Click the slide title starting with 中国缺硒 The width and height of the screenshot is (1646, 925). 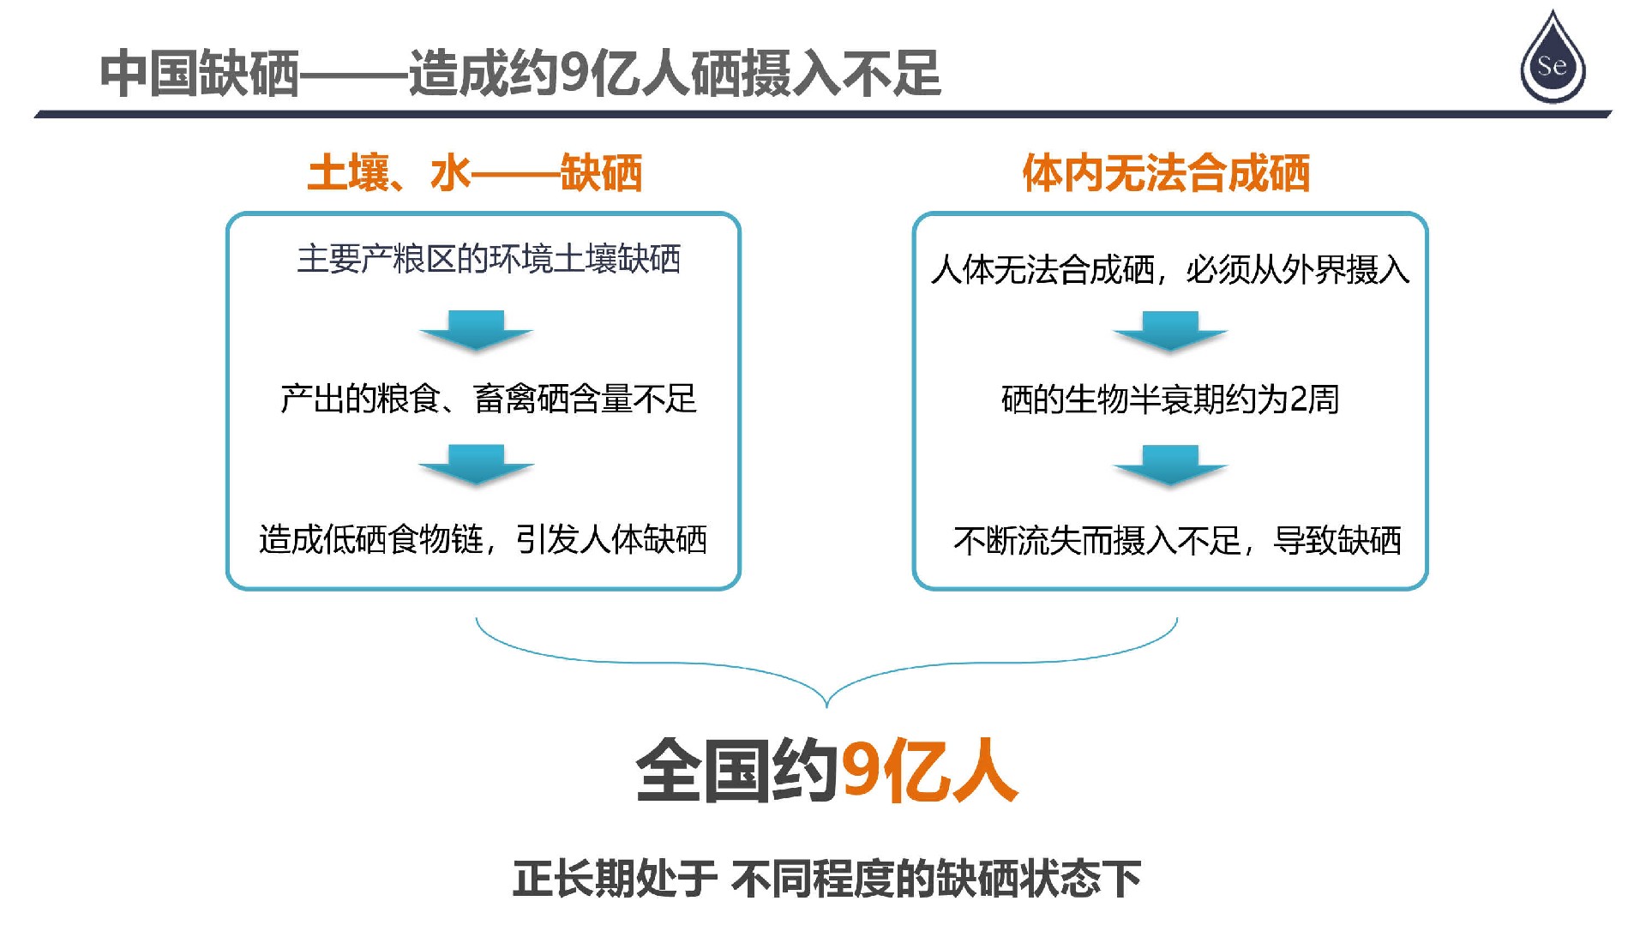pyautogui.click(x=521, y=73)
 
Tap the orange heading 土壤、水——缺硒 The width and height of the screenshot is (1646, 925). pyautogui.click(x=475, y=173)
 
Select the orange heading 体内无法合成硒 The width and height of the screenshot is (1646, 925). pyautogui.click(x=1166, y=173)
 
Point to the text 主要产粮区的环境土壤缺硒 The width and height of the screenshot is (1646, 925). pyautogui.click(x=489, y=259)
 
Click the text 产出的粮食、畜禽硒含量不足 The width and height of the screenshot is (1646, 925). pyautogui.click(x=489, y=399)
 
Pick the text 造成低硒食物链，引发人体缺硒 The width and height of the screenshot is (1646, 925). pyautogui.click(x=483, y=539)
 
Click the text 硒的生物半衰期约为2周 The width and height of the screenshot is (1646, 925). pyautogui.click(x=1170, y=399)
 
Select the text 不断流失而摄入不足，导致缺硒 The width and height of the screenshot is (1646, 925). pyautogui.click(x=1177, y=540)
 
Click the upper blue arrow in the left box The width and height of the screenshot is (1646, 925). pyautogui.click(x=477, y=331)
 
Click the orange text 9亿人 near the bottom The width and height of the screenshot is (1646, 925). pyautogui.click(x=929, y=771)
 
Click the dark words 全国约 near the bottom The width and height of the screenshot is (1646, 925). pyautogui.click(x=737, y=771)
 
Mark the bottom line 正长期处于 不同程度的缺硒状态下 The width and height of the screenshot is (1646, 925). pyautogui.click(x=827, y=879)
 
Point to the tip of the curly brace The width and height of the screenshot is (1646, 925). pyautogui.click(x=826, y=707)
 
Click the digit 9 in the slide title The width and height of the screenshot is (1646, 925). pyautogui.click(x=573, y=74)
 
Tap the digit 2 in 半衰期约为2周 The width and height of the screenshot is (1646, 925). pyautogui.click(x=1299, y=399)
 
